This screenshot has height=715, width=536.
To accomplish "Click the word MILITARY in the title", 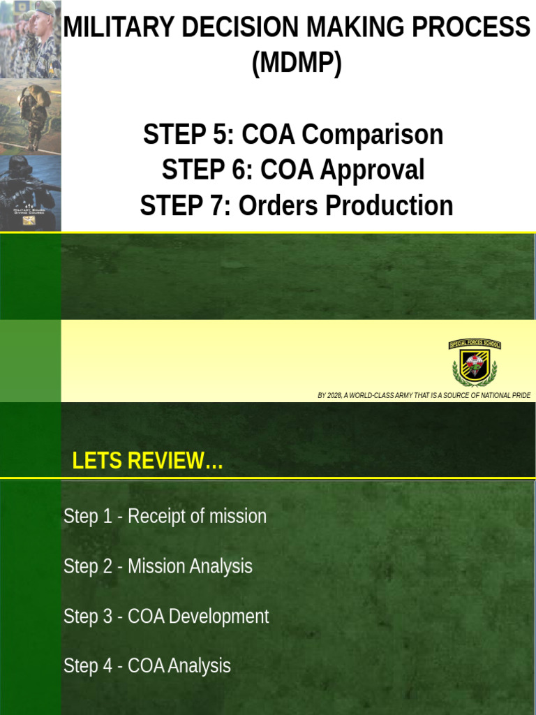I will (x=106, y=29).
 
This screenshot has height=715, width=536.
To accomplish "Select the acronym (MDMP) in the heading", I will (x=297, y=64).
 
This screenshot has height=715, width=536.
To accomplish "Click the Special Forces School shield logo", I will (x=475, y=363).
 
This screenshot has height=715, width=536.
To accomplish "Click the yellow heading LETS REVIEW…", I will (x=147, y=462).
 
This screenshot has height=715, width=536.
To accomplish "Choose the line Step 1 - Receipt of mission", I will (x=165, y=517).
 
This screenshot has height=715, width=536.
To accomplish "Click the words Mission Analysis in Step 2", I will (x=190, y=566).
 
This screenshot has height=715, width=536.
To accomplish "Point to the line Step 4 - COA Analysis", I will (x=147, y=666).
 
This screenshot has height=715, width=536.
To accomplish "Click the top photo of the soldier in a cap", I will (x=31, y=38).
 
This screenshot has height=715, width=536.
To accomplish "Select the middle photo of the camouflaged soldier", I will (x=31, y=115).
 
